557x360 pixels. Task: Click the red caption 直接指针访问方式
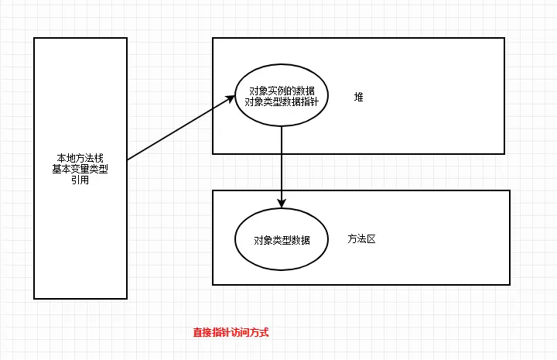click(231, 332)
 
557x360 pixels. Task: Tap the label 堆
click(358, 98)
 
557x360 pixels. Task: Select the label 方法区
click(361, 239)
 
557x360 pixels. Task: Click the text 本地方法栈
click(80, 159)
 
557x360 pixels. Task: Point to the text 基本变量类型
click(80, 170)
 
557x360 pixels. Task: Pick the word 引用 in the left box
click(80, 180)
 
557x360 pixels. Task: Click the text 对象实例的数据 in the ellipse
click(282, 91)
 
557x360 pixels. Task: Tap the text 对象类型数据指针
click(282, 102)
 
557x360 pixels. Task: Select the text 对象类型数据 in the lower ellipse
click(282, 240)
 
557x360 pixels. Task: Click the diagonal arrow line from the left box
click(179, 128)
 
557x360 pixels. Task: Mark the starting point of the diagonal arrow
click(128, 159)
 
